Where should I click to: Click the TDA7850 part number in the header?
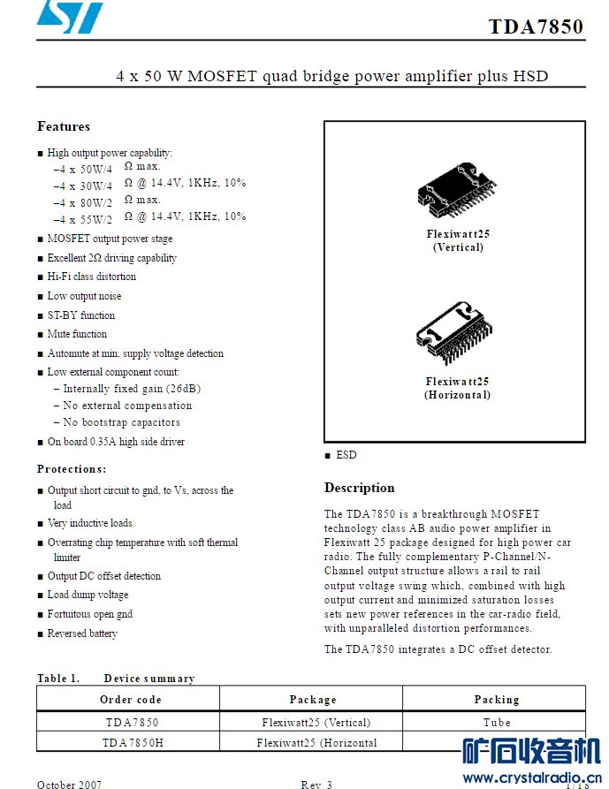click(x=536, y=27)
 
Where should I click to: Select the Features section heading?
click(x=64, y=126)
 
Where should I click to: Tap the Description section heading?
click(x=359, y=488)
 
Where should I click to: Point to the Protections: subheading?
click(x=72, y=468)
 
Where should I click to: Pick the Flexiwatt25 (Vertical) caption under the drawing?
click(x=458, y=240)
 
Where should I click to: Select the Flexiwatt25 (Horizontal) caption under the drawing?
click(x=457, y=388)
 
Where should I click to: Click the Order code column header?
click(x=130, y=699)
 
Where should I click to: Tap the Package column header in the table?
click(x=313, y=699)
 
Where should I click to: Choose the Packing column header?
click(x=496, y=699)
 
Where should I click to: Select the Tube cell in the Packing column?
click(x=496, y=722)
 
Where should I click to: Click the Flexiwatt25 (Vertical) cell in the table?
click(x=316, y=722)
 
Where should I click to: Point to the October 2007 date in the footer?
click(x=69, y=784)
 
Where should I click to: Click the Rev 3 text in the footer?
click(x=316, y=784)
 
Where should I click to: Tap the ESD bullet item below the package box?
click(x=346, y=454)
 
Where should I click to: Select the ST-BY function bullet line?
click(x=80, y=315)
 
